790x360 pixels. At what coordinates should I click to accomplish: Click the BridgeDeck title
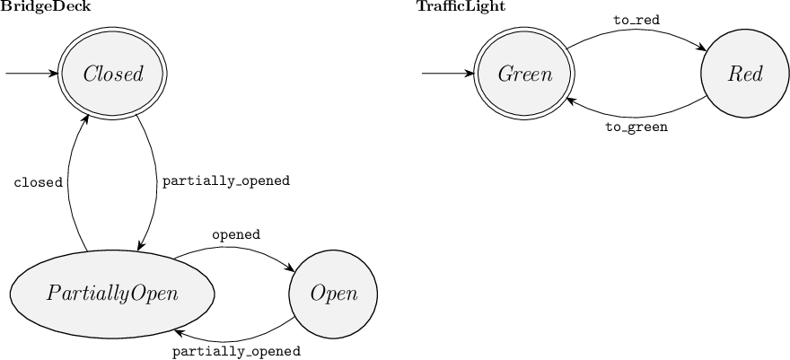[45, 6]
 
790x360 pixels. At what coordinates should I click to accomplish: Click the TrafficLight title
[460, 6]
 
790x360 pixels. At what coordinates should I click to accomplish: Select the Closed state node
[113, 74]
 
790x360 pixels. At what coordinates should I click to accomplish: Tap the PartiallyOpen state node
[112, 294]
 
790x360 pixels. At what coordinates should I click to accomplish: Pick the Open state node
[333, 294]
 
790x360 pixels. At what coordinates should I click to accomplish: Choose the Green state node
[525, 74]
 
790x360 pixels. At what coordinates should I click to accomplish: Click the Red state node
[745, 74]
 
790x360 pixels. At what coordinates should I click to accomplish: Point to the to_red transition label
[636, 19]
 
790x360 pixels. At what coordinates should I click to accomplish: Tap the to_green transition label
[636, 127]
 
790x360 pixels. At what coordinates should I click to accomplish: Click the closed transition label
[38, 182]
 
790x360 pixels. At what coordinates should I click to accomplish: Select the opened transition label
[236, 234]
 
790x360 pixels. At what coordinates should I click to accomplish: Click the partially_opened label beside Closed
[225, 180]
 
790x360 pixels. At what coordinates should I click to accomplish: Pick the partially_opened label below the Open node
[235, 351]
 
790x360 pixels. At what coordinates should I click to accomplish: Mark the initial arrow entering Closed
[31, 74]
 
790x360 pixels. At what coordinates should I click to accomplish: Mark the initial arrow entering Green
[449, 74]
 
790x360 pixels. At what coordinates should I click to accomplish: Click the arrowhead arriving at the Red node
[702, 47]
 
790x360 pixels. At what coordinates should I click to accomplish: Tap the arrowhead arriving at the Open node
[293, 268]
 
